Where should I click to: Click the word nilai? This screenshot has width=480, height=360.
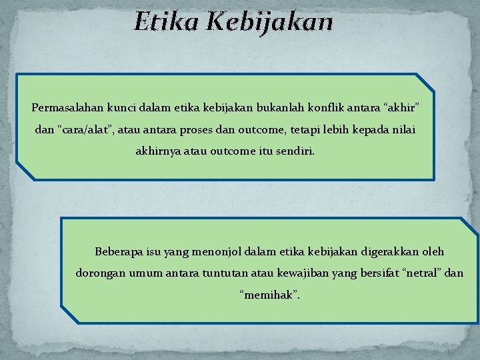pyautogui.click(x=403, y=129)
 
